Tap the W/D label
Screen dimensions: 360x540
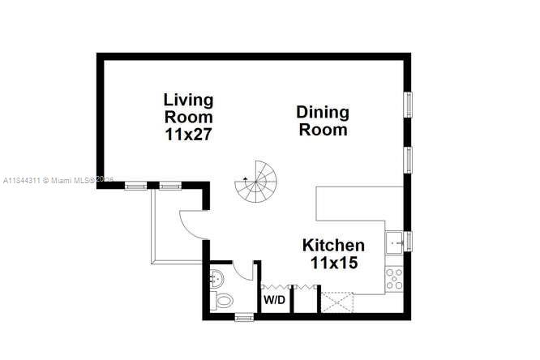[x=273, y=299]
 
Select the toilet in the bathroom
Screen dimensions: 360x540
[x=222, y=302]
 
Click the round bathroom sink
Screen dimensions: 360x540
[x=216, y=279]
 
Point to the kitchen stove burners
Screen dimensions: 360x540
[x=395, y=279]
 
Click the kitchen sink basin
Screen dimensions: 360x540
[x=396, y=241]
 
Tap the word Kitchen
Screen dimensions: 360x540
[x=333, y=245]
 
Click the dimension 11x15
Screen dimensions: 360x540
[x=333, y=263]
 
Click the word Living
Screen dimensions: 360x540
[x=188, y=100]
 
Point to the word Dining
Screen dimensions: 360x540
[x=322, y=112]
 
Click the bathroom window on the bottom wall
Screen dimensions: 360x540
[x=243, y=317]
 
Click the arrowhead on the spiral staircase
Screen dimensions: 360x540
[x=246, y=176]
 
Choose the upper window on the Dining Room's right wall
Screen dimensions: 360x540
[x=409, y=105]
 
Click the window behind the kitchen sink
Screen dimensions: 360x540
[x=409, y=241]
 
